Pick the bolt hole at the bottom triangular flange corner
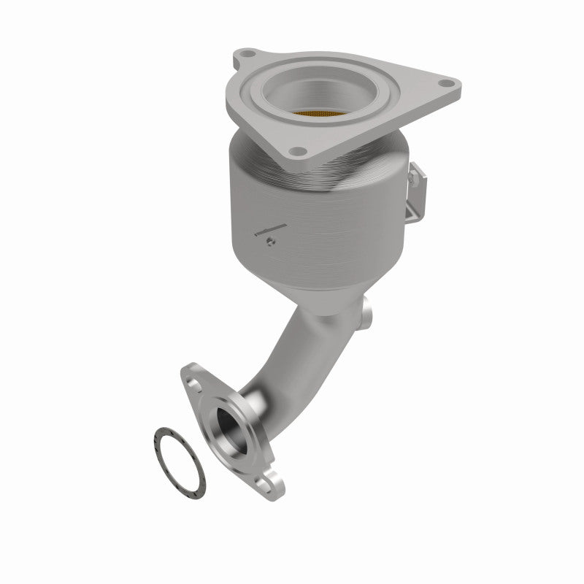(295, 152)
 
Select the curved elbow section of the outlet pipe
(292, 350)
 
